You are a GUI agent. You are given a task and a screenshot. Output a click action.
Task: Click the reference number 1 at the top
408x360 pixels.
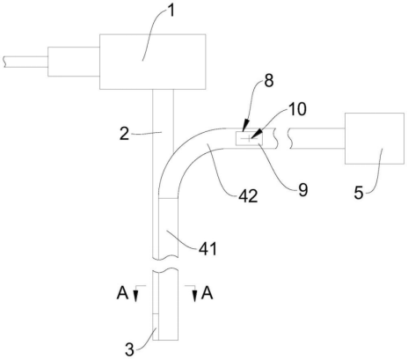tap(171, 12)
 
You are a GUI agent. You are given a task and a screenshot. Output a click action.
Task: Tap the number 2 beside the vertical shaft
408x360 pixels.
tap(125, 134)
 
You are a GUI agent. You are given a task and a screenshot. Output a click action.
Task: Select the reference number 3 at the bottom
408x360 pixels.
tap(129, 349)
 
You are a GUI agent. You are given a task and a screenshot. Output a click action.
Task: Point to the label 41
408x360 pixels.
tap(208, 249)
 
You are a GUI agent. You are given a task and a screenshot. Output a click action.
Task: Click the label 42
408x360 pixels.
tap(248, 196)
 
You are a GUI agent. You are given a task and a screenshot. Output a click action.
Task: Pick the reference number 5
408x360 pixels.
tap(359, 193)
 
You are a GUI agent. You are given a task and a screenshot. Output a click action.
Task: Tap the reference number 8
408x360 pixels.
tap(269, 81)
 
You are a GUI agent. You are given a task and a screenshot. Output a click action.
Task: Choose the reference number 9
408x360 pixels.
tap(303, 190)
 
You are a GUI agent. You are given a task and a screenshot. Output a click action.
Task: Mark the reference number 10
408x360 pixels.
tap(297, 109)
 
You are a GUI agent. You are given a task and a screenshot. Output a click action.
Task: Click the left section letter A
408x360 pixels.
tap(122, 293)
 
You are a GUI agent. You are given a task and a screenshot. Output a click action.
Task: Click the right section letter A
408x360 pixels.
tap(207, 293)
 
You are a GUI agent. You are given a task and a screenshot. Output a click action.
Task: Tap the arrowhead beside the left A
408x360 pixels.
tap(135, 296)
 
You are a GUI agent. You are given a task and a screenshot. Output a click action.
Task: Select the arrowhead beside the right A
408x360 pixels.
tap(194, 296)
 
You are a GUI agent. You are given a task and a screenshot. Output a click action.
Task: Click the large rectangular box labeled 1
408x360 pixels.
tap(152, 62)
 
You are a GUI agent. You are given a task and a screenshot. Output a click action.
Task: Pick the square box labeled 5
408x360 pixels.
tap(375, 138)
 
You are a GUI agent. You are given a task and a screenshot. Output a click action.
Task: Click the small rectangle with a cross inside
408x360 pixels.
tap(249, 138)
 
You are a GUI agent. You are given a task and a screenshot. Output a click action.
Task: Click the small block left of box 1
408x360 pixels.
tap(74, 62)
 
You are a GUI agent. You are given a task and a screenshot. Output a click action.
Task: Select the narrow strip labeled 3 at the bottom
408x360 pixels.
tap(156, 327)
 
